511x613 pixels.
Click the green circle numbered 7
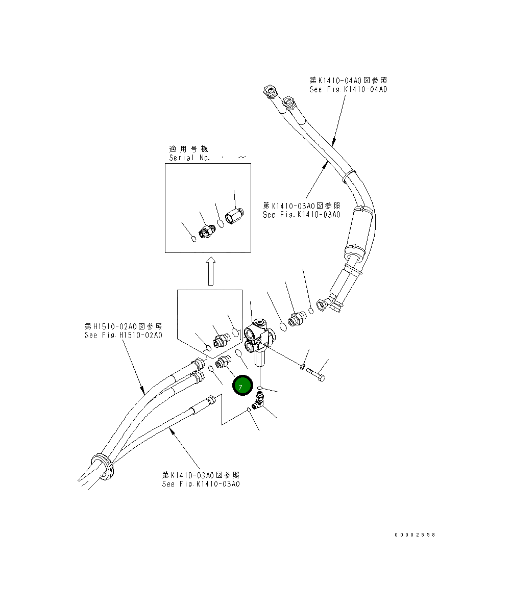[242, 386]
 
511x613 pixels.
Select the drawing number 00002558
[415, 535]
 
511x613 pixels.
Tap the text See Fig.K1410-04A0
[348, 89]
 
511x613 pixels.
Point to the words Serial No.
[189, 158]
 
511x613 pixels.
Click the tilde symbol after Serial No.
[243, 158]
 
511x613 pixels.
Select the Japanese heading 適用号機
[188, 149]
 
